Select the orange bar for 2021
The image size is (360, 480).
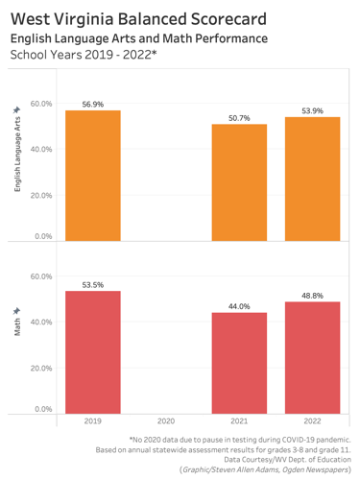coord(239,182)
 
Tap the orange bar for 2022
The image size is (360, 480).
coord(312,179)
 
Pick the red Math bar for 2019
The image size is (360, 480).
coord(93,351)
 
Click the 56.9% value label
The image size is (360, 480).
coord(93,103)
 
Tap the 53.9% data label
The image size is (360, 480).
coord(312,110)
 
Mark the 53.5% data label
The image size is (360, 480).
coord(93,284)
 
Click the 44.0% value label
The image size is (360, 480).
coord(239,306)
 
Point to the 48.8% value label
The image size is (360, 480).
coord(312,296)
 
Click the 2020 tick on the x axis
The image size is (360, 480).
coord(166,421)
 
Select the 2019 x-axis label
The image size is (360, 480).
coord(93,421)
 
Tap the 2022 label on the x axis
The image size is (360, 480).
coord(312,421)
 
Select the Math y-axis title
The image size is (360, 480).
coord(17,322)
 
